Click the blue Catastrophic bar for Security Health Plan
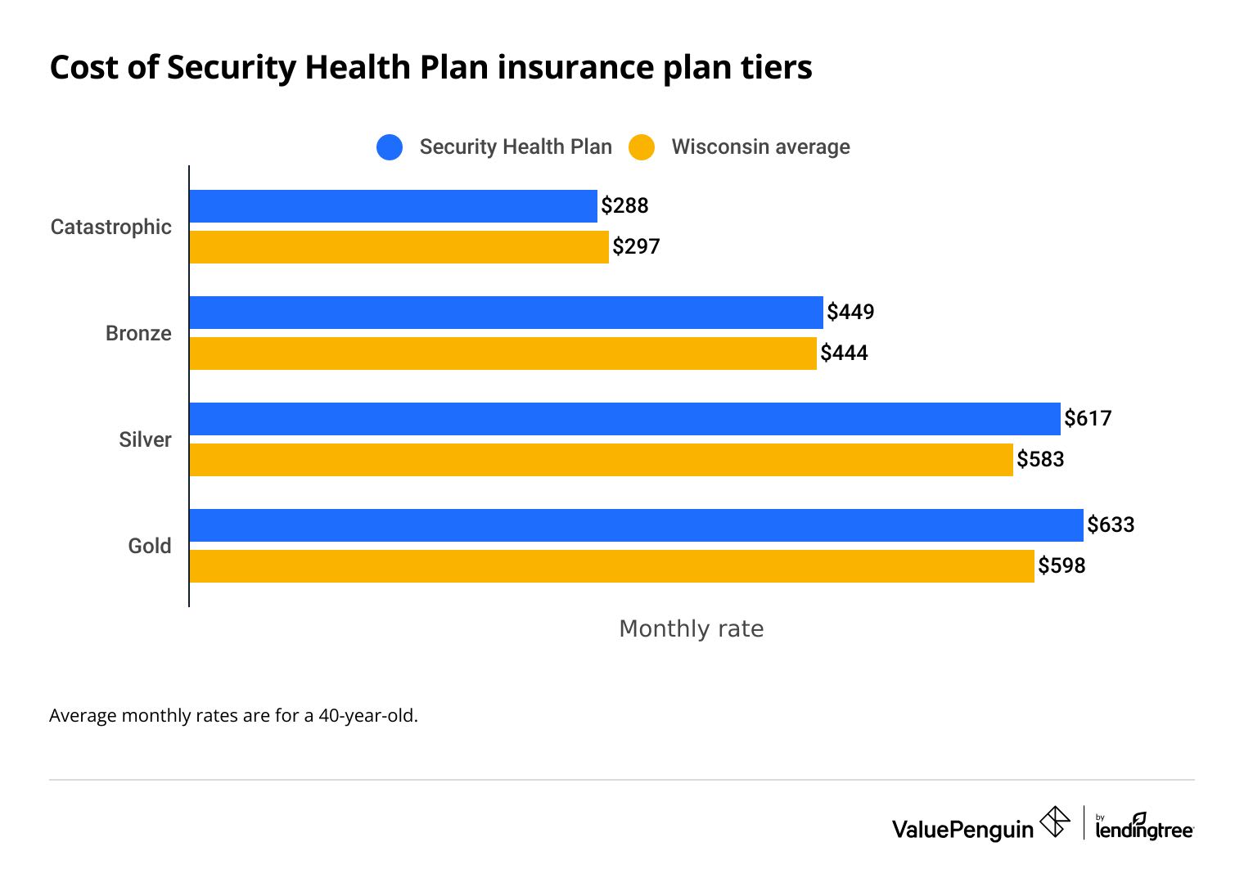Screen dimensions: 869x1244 pyautogui.click(x=393, y=206)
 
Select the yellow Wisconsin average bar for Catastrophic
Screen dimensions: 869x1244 pyautogui.click(x=399, y=247)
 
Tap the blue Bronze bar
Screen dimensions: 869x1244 pyautogui.click(x=506, y=313)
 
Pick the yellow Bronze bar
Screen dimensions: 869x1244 pyautogui.click(x=503, y=353)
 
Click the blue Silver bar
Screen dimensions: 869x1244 pyautogui.click(x=624, y=419)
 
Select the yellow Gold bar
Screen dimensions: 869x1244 pyautogui.click(x=611, y=566)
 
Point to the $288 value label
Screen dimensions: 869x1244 pyautogui.click(x=624, y=206)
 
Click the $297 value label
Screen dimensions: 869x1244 pyautogui.click(x=636, y=247)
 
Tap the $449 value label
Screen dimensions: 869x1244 pyautogui.click(x=850, y=313)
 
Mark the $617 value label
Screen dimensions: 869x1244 pyautogui.click(x=1088, y=419)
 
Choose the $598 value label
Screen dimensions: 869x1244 pyautogui.click(x=1061, y=566)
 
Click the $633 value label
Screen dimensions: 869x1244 pyautogui.click(x=1111, y=525)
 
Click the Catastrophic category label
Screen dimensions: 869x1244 pyautogui.click(x=111, y=227)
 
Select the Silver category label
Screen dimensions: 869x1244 pyautogui.click(x=145, y=439)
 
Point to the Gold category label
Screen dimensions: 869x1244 pyautogui.click(x=150, y=546)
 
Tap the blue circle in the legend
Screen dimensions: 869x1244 pyautogui.click(x=390, y=147)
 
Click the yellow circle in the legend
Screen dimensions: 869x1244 pyautogui.click(x=642, y=147)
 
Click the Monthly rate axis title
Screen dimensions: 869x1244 pyautogui.click(x=691, y=628)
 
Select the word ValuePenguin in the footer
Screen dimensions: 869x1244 pyautogui.click(x=962, y=830)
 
